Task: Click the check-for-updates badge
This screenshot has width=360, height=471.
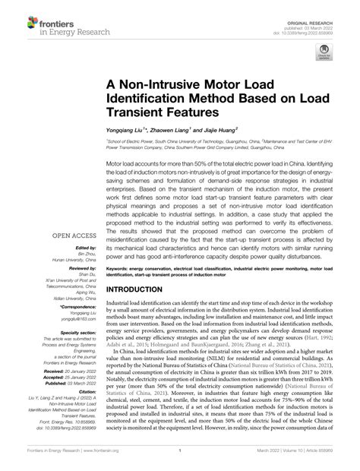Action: pos(324,52)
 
